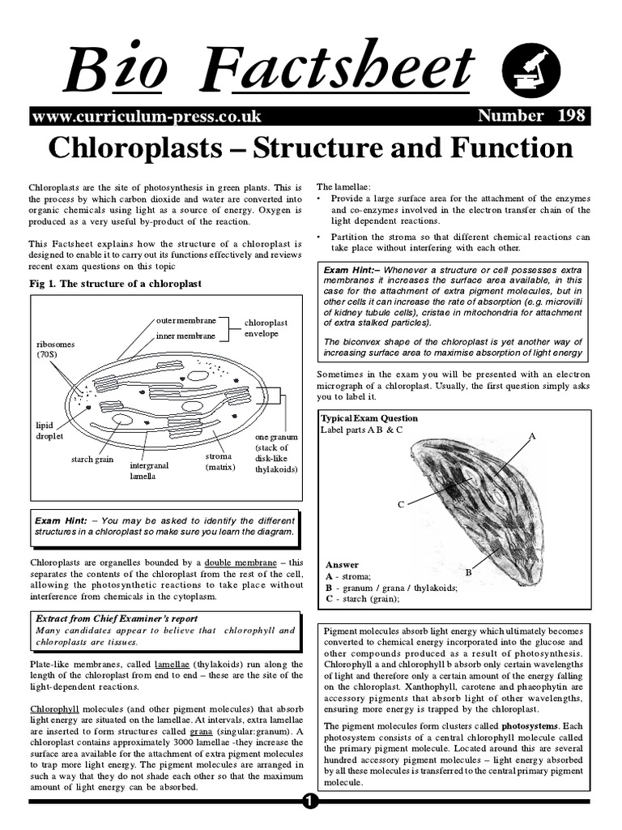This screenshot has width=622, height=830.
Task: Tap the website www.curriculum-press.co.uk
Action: (146, 116)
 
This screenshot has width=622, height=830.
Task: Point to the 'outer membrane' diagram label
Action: (186, 321)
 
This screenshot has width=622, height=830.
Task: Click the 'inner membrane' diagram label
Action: (186, 335)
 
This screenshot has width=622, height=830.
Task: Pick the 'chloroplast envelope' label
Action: (266, 327)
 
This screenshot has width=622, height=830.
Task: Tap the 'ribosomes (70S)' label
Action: (55, 349)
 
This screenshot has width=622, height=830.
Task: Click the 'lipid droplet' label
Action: (44, 430)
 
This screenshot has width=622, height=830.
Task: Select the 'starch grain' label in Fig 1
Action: (92, 460)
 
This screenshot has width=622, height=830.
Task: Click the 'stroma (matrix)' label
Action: (219, 462)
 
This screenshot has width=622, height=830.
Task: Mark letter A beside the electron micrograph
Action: (531, 436)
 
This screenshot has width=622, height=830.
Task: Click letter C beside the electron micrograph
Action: (400, 504)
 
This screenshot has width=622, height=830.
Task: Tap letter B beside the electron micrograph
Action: (469, 571)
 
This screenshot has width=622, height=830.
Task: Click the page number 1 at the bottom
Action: (311, 802)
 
